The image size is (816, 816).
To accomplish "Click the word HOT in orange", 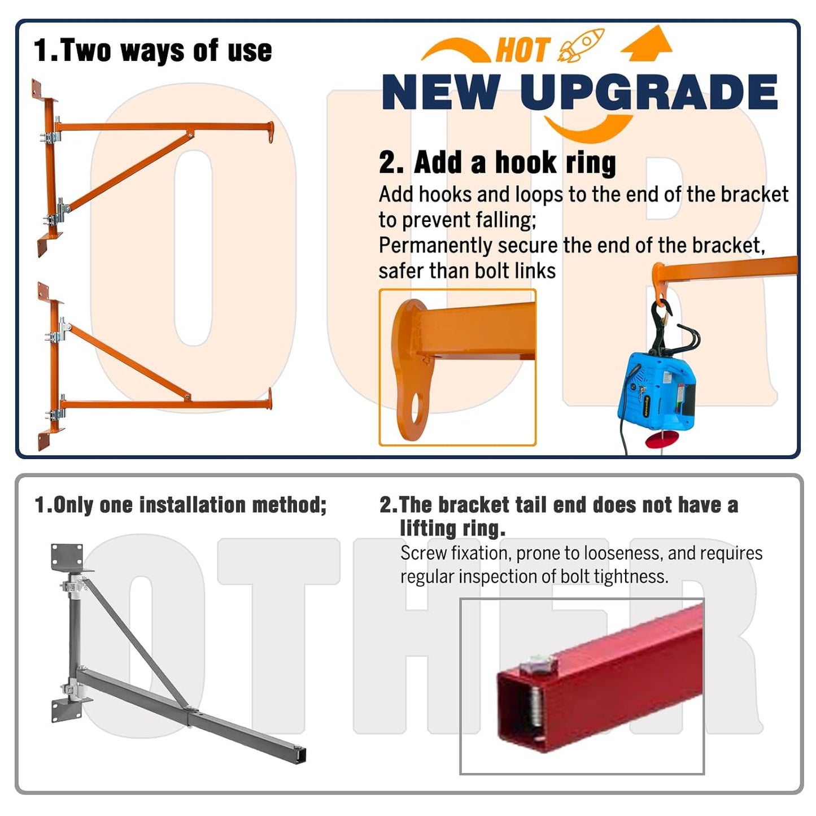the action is [x=524, y=50].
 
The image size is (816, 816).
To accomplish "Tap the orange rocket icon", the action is [x=581, y=46].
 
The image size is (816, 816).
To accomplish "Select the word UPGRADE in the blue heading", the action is [x=649, y=92].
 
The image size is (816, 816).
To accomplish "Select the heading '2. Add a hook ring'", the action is [x=497, y=162].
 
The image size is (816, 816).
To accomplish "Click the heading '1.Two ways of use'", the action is [x=152, y=50].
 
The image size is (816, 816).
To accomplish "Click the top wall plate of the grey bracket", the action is [x=67, y=557].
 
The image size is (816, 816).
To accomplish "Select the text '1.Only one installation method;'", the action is [x=181, y=505].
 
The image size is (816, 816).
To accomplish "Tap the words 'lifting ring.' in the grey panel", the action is [x=453, y=529].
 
